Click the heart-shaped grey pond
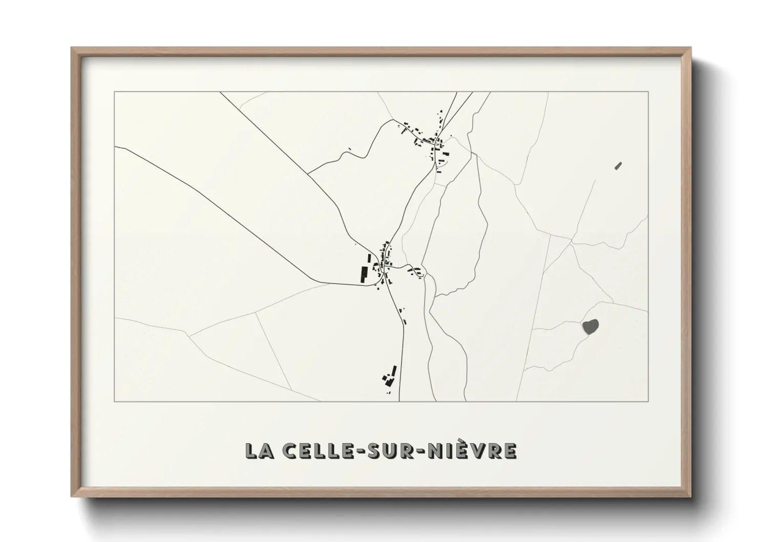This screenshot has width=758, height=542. click(x=590, y=326)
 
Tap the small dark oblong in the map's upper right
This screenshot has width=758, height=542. click(x=618, y=165)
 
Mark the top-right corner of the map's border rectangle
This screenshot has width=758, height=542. click(x=648, y=92)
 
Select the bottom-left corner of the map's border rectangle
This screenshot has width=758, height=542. click(x=114, y=401)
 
